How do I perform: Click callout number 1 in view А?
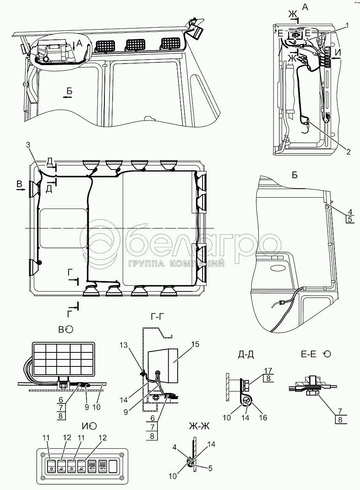[x=346, y=26]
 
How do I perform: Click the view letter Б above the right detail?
[x=295, y=175]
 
